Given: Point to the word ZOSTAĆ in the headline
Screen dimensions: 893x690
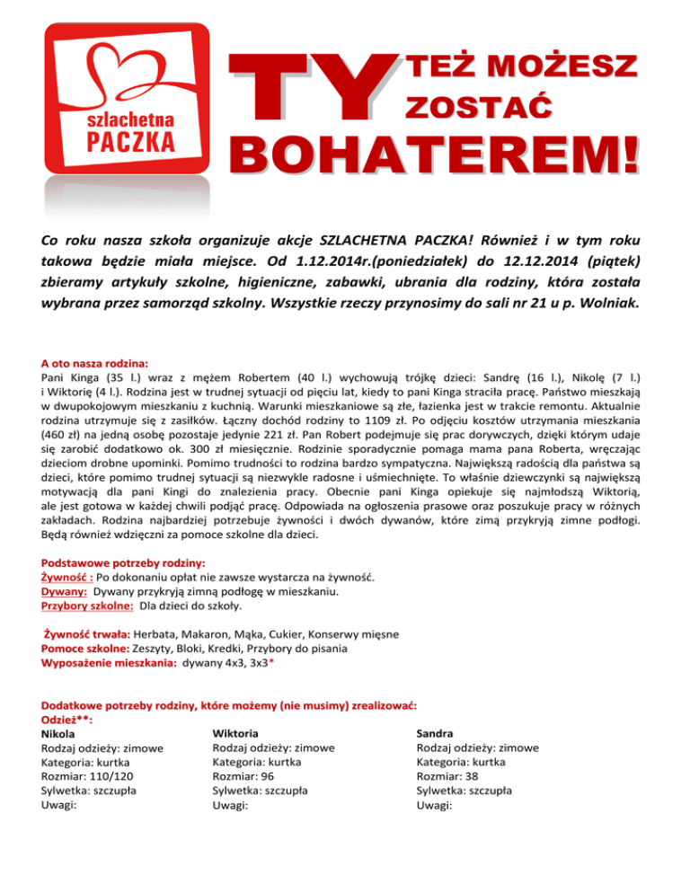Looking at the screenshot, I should click(x=477, y=108).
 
